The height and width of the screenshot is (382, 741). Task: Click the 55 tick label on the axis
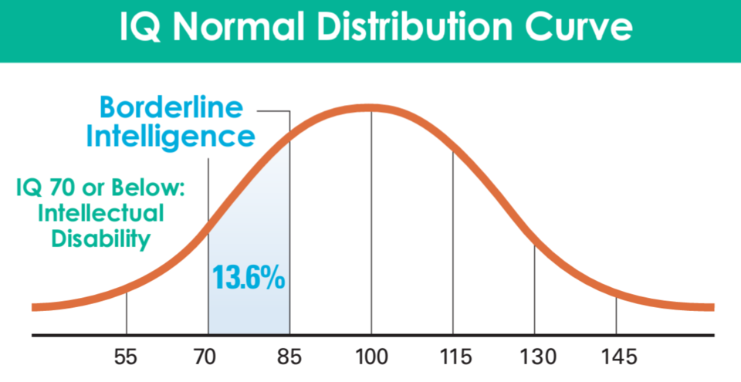pyautogui.click(x=126, y=357)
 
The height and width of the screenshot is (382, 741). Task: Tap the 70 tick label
pyautogui.click(x=208, y=357)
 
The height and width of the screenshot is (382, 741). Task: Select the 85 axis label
pyautogui.click(x=289, y=357)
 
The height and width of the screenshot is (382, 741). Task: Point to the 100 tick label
pyautogui.click(x=371, y=357)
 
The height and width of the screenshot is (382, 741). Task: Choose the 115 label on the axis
pyautogui.click(x=453, y=357)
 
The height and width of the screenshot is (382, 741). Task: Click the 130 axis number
pyautogui.click(x=534, y=357)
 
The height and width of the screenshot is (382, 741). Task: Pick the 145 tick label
pyautogui.click(x=616, y=357)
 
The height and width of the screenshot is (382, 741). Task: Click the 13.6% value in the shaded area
pyautogui.click(x=249, y=277)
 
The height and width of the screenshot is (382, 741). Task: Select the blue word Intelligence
pyautogui.click(x=171, y=137)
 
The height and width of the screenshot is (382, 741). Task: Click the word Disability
pyautogui.click(x=100, y=238)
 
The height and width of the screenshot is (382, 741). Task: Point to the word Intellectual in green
pyautogui.click(x=100, y=213)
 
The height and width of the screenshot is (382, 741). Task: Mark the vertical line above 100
pyautogui.click(x=371, y=224)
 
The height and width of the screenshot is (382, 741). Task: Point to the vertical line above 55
pyautogui.click(x=126, y=313)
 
